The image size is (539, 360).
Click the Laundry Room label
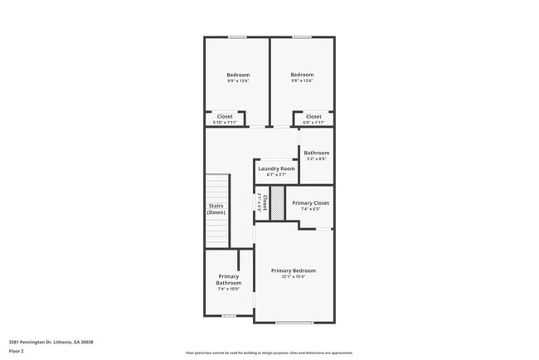click(x=276, y=168)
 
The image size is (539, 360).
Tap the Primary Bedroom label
click(x=293, y=270)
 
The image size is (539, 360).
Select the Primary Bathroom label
click(x=228, y=280)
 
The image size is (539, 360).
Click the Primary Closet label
click(x=310, y=202)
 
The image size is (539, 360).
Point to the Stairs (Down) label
click(x=216, y=209)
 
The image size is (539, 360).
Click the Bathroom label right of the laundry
click(x=316, y=153)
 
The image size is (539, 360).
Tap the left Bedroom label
click(x=238, y=75)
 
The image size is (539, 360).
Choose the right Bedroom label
click(x=302, y=75)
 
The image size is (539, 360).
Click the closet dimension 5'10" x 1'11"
click(x=225, y=123)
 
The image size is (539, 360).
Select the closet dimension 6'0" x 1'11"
click(x=313, y=123)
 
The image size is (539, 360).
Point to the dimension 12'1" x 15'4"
click(x=293, y=277)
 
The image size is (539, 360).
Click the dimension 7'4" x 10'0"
click(x=228, y=289)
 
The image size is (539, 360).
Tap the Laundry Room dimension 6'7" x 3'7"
click(x=276, y=175)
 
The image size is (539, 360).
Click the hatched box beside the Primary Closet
click(x=278, y=203)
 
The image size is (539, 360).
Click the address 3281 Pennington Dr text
click(x=51, y=342)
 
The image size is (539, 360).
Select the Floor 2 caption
click(x=17, y=351)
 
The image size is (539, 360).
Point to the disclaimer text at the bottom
click(x=269, y=353)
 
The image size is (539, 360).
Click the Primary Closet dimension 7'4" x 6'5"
click(x=310, y=209)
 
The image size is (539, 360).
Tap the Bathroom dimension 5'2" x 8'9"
click(x=316, y=159)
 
